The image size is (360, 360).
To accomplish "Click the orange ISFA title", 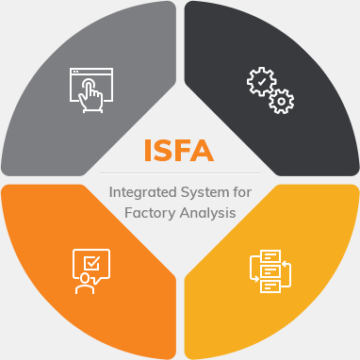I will coord(179,150).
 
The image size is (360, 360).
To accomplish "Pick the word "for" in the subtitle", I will coord(243,191).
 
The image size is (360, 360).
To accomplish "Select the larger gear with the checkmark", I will coord(261,82).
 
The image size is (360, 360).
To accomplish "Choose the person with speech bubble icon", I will coord(90,271).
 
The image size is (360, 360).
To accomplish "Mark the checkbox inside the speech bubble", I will coord(92,262).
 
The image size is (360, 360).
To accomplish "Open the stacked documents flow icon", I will coord(270,271).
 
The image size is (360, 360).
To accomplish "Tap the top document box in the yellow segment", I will coord(270,256).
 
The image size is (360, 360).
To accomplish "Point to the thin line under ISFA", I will coord(179,172).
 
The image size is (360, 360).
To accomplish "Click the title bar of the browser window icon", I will coord(91,72).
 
